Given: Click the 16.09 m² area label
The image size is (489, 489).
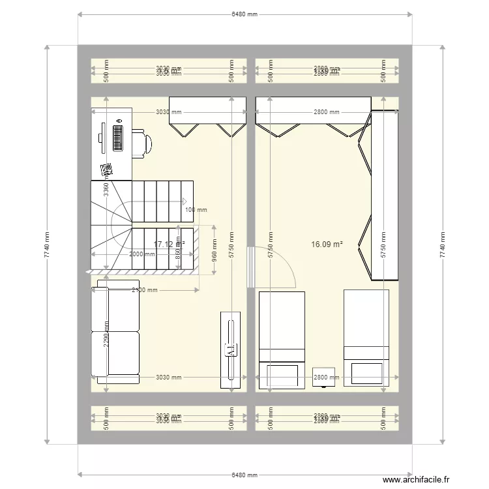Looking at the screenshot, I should (x=327, y=244).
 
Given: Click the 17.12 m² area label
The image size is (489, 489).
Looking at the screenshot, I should (x=169, y=244).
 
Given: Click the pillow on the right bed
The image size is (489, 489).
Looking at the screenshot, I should (x=366, y=374).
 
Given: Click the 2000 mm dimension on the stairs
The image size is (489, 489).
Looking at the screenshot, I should (x=141, y=254).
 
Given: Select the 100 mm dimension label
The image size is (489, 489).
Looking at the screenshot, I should (x=196, y=210).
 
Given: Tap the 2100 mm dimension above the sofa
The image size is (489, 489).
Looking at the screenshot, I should (x=145, y=291).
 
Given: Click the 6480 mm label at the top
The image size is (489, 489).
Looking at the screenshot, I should (x=244, y=14).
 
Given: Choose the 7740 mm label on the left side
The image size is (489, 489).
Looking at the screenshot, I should (x=46, y=245).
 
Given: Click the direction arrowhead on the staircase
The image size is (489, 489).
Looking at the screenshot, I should (x=186, y=201).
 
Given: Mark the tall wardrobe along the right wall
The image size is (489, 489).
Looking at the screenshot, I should (x=385, y=196).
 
